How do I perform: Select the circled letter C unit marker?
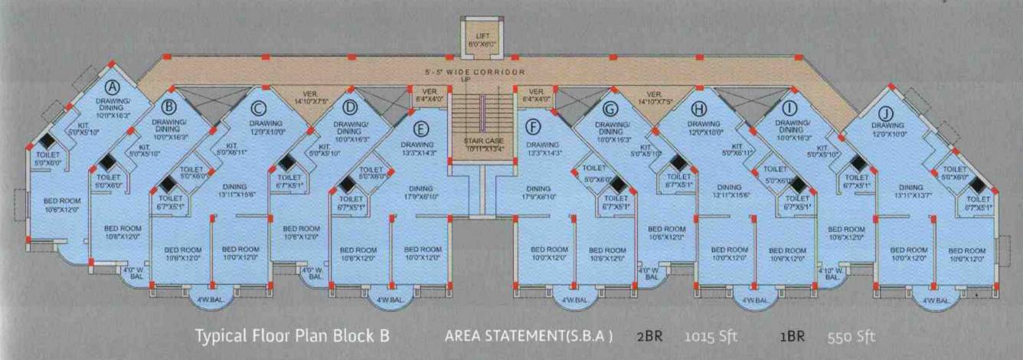(258, 107)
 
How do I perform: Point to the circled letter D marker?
(350, 107)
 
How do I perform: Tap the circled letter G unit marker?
(610, 108)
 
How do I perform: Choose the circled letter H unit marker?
(698, 107)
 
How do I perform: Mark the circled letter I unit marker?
(791, 107)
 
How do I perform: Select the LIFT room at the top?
(482, 38)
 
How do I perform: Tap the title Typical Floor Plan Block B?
(293, 336)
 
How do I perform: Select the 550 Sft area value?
(851, 336)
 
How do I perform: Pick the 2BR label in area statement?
(649, 336)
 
